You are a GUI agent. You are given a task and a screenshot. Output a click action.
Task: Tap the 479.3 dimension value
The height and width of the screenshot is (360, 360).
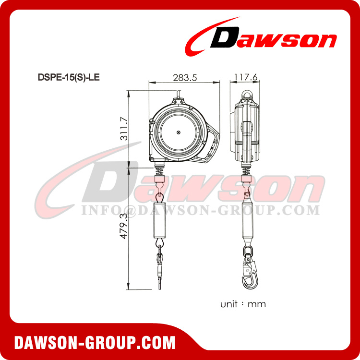click(x=123, y=227)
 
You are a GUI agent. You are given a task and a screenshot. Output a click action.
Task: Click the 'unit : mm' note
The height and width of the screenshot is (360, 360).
click(x=243, y=304)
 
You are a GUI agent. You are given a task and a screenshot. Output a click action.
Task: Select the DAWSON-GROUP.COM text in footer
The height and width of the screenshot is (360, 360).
click(x=95, y=343)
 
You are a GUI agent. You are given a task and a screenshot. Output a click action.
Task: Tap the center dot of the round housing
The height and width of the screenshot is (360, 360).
click(x=178, y=132)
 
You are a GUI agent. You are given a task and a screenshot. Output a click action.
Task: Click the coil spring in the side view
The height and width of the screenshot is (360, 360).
click(x=247, y=170)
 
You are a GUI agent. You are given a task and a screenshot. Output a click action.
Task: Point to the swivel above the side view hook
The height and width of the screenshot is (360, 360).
click(x=248, y=251)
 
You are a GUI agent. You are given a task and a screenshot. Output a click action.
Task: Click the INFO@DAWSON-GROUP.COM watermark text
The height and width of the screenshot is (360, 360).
click(x=200, y=210)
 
